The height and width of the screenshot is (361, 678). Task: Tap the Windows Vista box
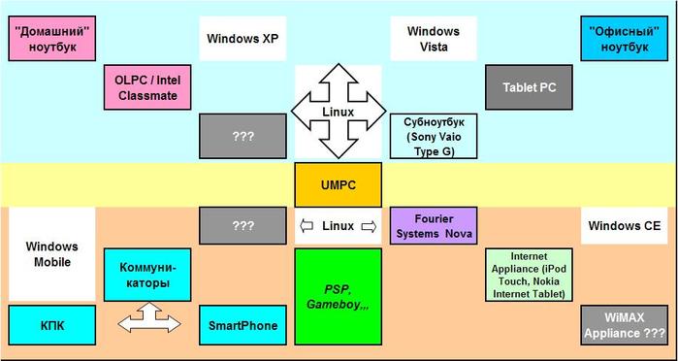pyautogui.click(x=434, y=41)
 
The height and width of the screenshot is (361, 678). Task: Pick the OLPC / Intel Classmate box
pyautogui.click(x=145, y=87)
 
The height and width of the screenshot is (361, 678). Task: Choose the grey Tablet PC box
pyautogui.click(x=530, y=87)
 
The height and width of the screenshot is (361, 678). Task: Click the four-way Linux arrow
pyautogui.click(x=339, y=112)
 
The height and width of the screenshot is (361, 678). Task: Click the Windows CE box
pyautogui.click(x=624, y=225)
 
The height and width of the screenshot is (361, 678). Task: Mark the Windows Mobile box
pyautogui.click(x=52, y=254)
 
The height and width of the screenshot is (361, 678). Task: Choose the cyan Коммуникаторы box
pyautogui.click(x=146, y=275)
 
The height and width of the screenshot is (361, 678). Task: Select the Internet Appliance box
pyautogui.click(x=530, y=275)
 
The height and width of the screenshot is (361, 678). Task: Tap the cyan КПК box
pyautogui.click(x=52, y=325)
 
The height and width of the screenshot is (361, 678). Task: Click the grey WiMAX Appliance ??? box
pyautogui.click(x=624, y=325)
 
